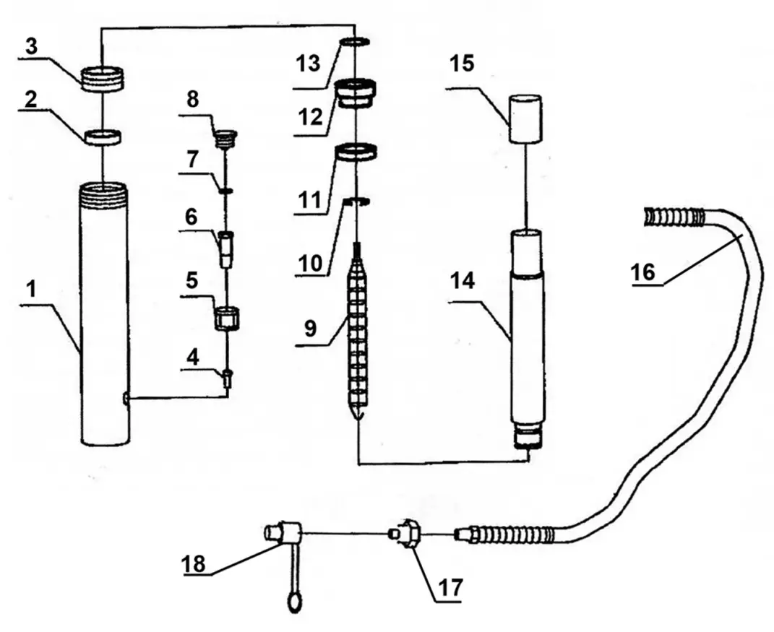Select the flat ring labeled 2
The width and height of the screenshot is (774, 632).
tap(102, 136)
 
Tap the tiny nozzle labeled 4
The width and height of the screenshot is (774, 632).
tap(228, 377)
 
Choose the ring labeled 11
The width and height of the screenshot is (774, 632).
tap(356, 153)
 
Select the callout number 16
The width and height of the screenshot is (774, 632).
tap(642, 272)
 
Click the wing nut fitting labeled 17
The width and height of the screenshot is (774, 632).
tap(408, 535)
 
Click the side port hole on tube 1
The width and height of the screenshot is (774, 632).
tap(126, 398)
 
